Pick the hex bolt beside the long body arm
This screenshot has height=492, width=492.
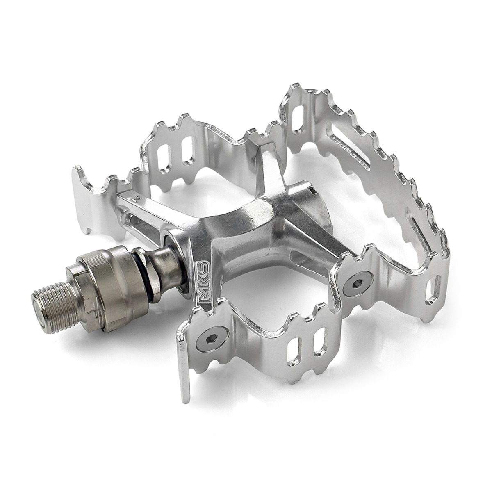[355, 284]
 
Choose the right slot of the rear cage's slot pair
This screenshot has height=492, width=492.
[187, 150]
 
